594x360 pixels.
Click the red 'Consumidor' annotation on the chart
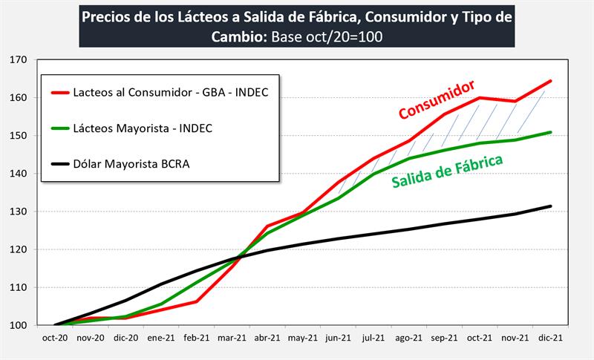[437, 100]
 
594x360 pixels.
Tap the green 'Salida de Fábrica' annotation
[447, 171]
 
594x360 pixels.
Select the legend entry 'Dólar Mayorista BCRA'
[130, 164]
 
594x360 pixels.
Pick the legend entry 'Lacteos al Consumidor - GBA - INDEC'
[170, 92]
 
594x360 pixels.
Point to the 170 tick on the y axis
[18, 59]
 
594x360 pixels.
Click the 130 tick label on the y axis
[18, 212]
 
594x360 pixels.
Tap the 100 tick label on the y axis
[18, 325]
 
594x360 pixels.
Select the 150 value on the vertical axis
[18, 136]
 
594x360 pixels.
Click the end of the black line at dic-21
[550, 206]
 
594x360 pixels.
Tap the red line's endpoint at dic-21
[550, 81]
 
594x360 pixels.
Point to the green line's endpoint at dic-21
[550, 132]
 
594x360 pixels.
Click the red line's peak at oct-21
[480, 97]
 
